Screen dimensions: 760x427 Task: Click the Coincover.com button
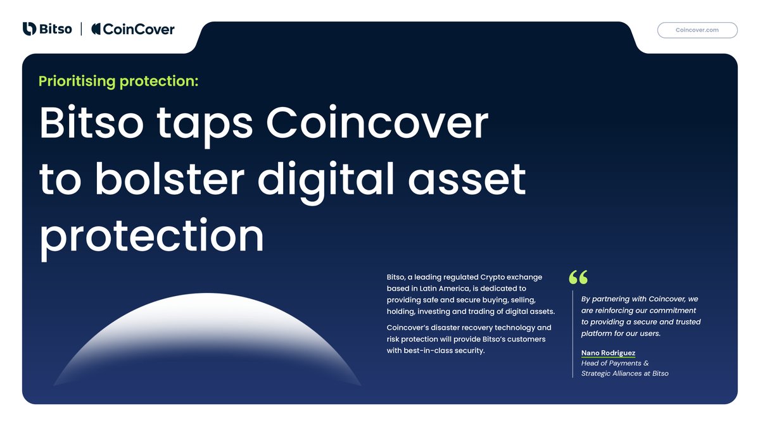[x=697, y=30]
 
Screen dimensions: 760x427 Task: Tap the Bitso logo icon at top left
[x=29, y=29]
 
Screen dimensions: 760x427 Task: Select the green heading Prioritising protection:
[x=118, y=82]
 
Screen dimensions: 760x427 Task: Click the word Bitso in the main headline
[x=91, y=122]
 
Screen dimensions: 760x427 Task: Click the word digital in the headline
[x=326, y=182]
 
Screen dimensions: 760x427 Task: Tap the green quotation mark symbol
[x=578, y=277]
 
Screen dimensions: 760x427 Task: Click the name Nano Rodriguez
[x=608, y=353]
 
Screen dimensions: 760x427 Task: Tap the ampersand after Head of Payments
[x=646, y=363]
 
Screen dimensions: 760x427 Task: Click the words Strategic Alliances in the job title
[x=611, y=373]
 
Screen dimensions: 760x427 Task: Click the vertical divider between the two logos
[x=82, y=29]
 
